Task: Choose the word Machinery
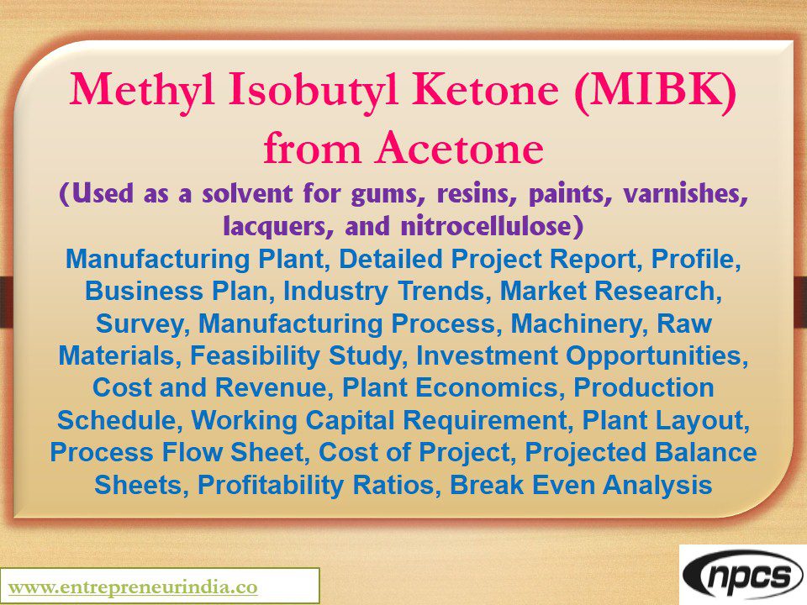(578, 324)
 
